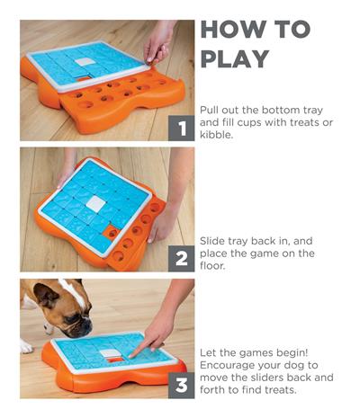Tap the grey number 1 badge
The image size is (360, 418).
[183, 129]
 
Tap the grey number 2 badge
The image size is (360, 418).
[183, 258]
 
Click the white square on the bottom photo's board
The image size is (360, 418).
[110, 355]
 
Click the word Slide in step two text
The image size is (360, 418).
[215, 241]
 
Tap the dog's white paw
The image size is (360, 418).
[26, 346]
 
